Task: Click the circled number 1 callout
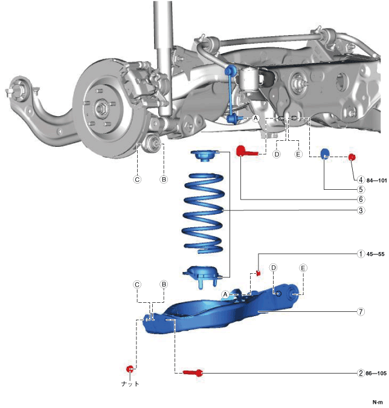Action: pos(361,254)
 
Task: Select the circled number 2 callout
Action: pos(361,374)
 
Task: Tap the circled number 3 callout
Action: pos(361,210)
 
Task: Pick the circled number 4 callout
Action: pos(361,180)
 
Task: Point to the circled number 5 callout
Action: pos(361,189)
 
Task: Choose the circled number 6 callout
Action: pos(361,199)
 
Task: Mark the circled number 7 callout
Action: pos(361,312)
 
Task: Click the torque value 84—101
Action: pos(376,180)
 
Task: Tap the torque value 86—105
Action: pos(376,374)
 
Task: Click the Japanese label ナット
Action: pos(129,383)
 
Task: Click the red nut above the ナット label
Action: pos(129,369)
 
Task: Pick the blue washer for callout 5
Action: pos(324,154)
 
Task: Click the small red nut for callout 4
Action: pos(353,158)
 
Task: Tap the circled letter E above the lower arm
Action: pos(303,268)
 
